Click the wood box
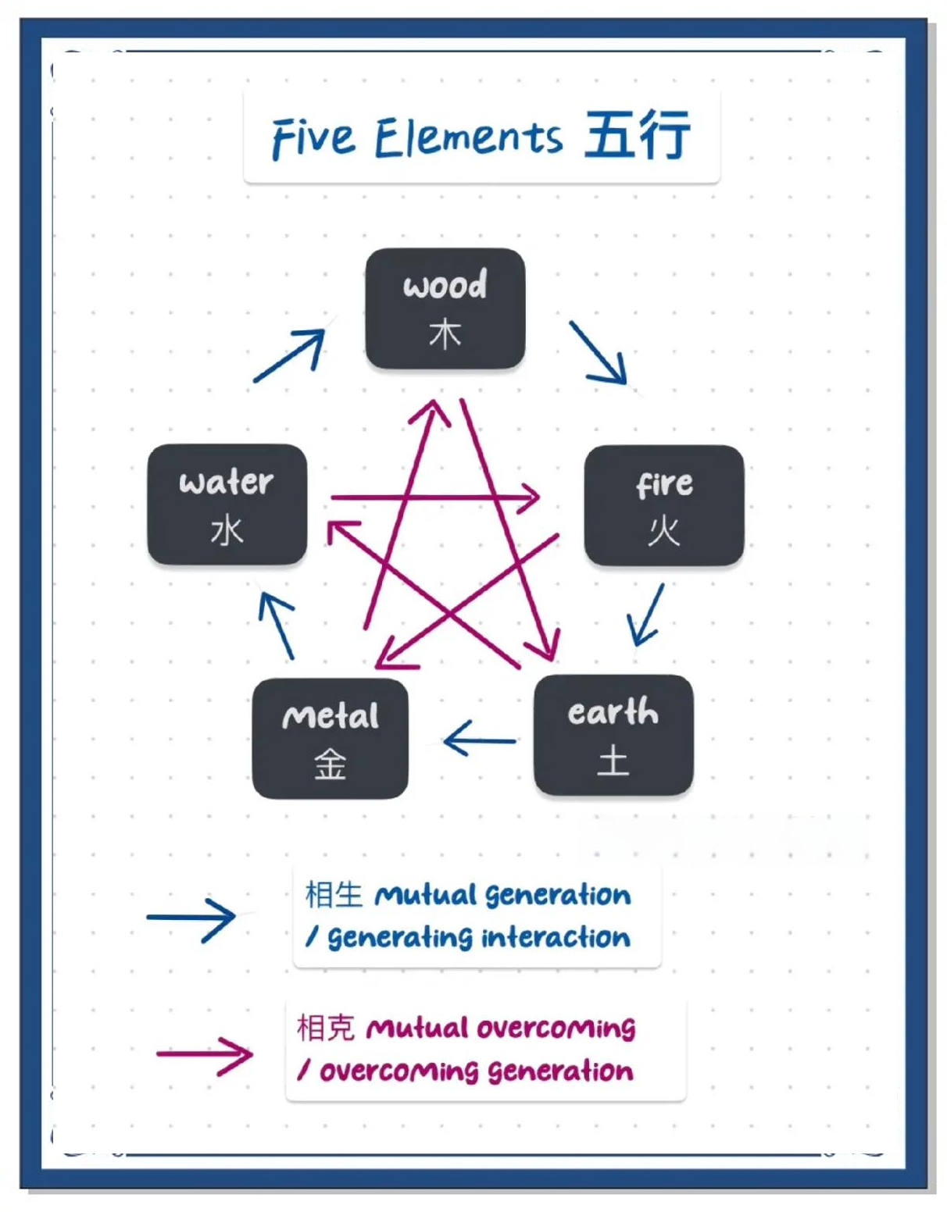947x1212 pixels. tap(445, 308)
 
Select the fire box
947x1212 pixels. tap(663, 504)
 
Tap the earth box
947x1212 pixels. tap(613, 734)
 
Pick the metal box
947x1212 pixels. tap(330, 738)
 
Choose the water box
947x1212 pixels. tap(227, 504)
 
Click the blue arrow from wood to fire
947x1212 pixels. tap(599, 353)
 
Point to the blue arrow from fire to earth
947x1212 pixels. tap(646, 615)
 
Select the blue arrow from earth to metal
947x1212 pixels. tap(479, 739)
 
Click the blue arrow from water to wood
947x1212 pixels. tap(290, 356)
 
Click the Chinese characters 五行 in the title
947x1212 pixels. tap(637, 135)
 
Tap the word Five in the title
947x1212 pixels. tap(313, 139)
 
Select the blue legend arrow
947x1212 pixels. tap(191, 918)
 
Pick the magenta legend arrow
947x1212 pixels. tap(205, 1055)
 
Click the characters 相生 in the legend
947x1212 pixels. tap(334, 895)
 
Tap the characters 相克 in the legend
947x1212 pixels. tap(326, 1028)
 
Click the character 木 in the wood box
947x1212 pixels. tap(445, 334)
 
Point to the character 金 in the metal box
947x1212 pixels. tap(330, 765)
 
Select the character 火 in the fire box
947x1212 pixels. tap(663, 531)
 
